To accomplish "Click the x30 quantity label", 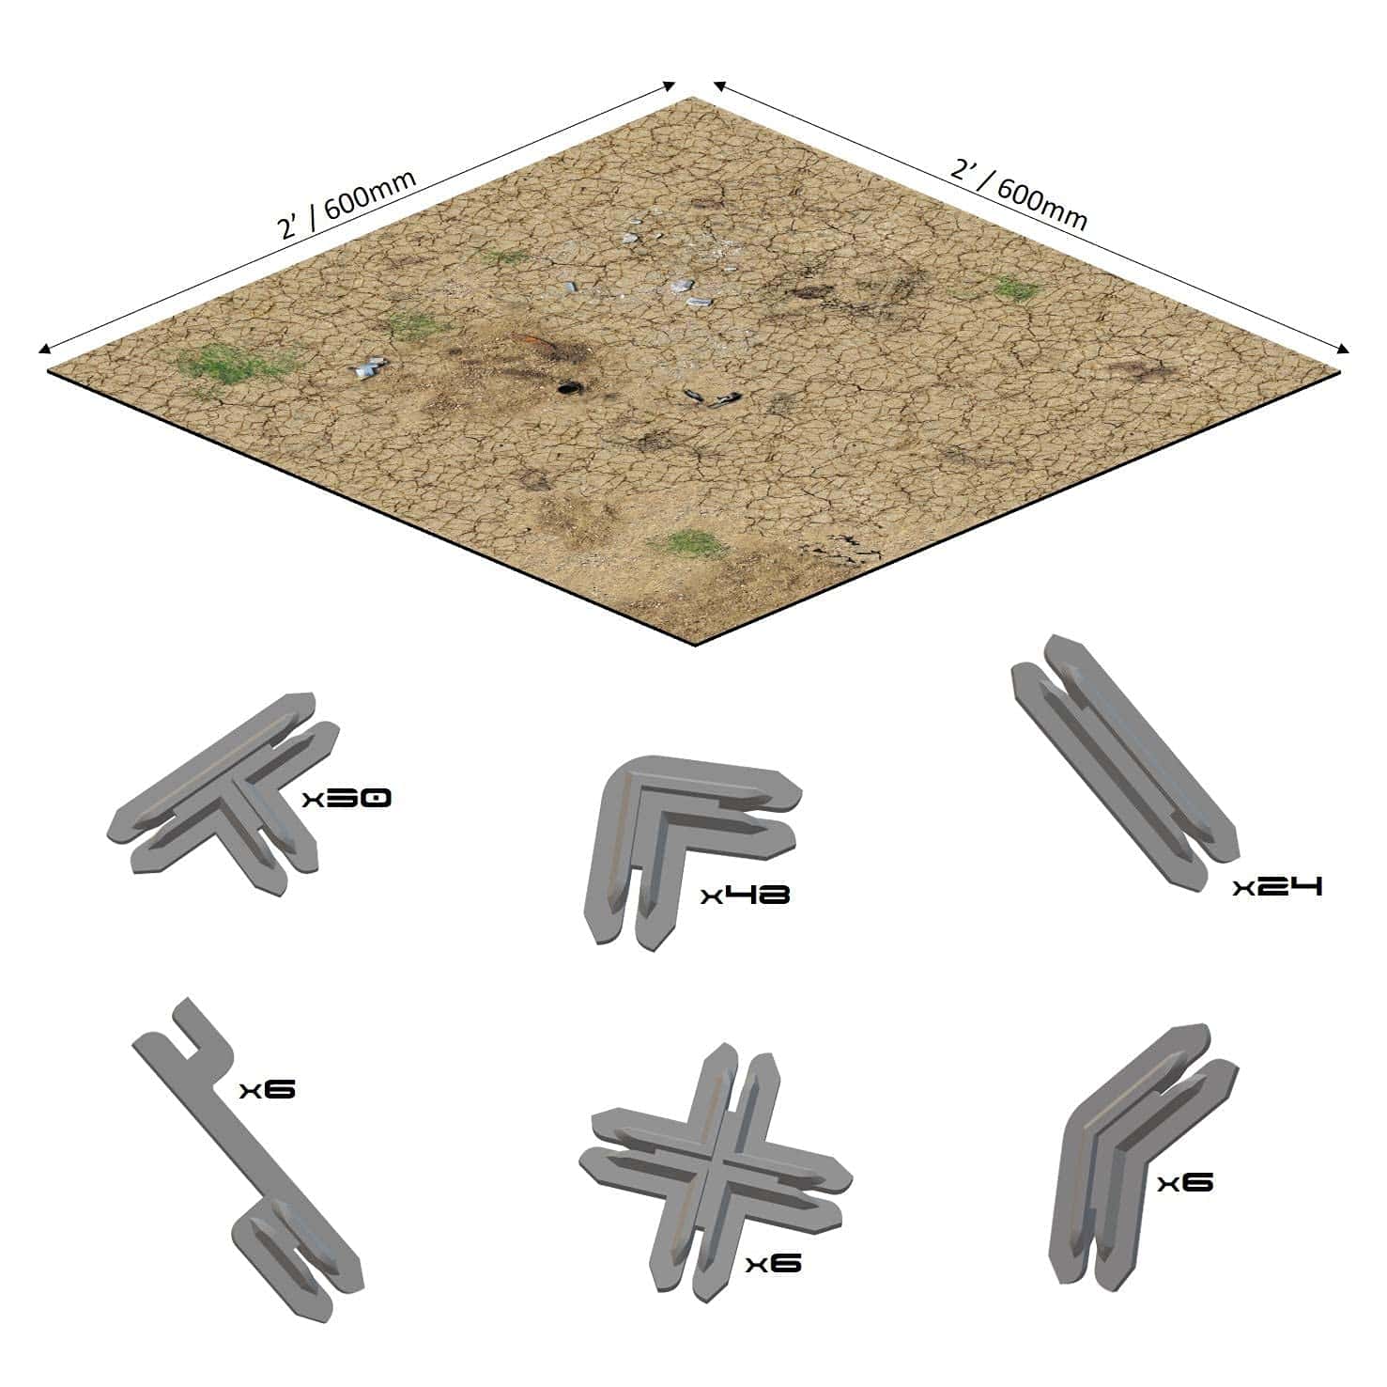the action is tap(347, 799).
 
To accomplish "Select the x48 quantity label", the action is tap(746, 894).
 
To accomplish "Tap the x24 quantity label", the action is tap(1278, 886).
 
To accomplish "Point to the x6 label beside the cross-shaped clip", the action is tap(774, 1264).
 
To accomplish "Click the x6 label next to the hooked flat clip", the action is tap(268, 1089).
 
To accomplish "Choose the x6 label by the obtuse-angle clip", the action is tap(1185, 1182).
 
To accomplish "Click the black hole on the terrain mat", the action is tap(567, 387).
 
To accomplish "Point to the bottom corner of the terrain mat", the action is tap(695, 647).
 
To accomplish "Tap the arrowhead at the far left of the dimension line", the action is tap(43, 350).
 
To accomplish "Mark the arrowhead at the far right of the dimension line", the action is tap(1344, 350).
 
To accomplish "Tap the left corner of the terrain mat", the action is tap(49, 370).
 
